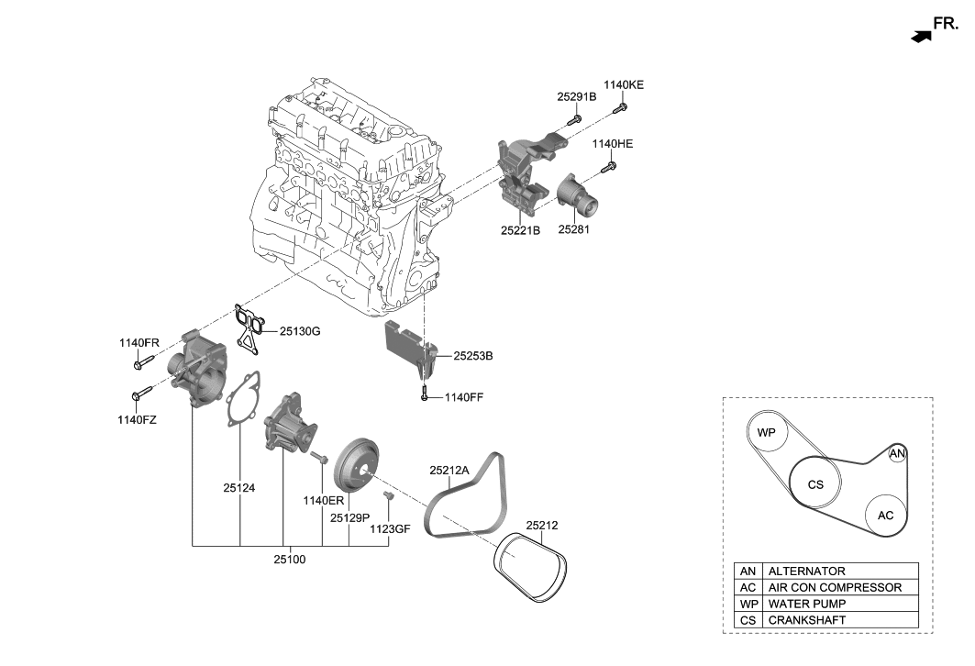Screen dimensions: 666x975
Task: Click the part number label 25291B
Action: [x=576, y=95]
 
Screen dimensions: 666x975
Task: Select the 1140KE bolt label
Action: [x=624, y=84]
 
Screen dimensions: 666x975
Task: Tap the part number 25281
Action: [x=574, y=230]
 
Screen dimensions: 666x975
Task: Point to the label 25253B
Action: [x=473, y=354]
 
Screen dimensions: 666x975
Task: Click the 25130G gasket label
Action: [x=300, y=330]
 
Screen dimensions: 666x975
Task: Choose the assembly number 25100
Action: [x=289, y=559]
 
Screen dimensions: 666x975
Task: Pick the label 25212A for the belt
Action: [x=449, y=470]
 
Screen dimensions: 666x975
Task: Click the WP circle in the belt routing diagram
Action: [x=767, y=432]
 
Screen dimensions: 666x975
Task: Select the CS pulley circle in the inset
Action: [x=815, y=484]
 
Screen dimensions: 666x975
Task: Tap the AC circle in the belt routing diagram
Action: [x=885, y=516]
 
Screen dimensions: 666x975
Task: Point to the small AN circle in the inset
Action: [x=898, y=454]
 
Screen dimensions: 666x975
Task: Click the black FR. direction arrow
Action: [x=920, y=36]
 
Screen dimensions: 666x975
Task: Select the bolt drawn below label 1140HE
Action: [x=607, y=168]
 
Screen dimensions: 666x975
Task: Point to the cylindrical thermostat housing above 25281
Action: [x=576, y=194]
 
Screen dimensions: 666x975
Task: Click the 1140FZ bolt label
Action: [x=138, y=419]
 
